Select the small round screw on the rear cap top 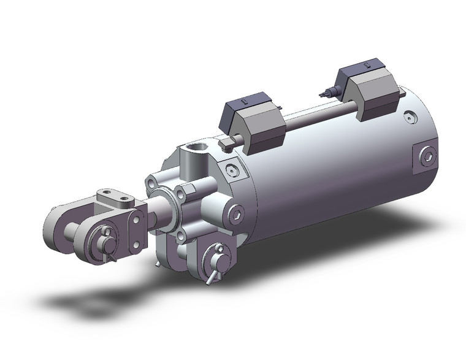tap(408, 115)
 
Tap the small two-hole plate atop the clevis tap(116, 197)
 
